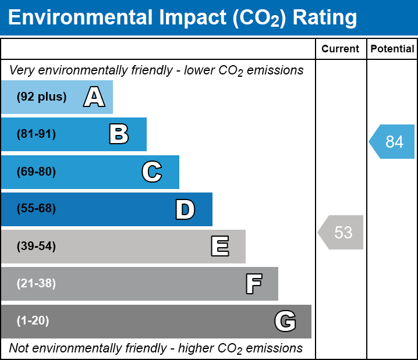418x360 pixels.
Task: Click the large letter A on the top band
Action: [94, 97]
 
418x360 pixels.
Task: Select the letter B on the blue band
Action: [119, 134]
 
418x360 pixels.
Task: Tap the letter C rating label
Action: [151, 172]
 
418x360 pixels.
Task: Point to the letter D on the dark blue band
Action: [185, 209]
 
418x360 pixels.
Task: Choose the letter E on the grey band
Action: [219, 247]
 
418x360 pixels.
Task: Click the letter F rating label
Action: [253, 284]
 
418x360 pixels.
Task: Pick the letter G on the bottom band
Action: [285, 321]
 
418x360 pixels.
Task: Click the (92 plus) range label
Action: [41, 97]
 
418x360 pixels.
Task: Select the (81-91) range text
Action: [36, 134]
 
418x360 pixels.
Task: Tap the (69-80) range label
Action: [36, 172]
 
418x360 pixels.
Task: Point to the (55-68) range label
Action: [36, 209]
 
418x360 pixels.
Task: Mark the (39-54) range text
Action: [36, 247]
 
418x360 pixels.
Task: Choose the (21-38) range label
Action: [36, 284]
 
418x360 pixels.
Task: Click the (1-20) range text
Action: [33, 321]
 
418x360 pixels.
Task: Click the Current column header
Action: [341, 49]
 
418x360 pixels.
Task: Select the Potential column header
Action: [392, 49]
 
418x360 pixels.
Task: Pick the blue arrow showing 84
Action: [392, 142]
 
